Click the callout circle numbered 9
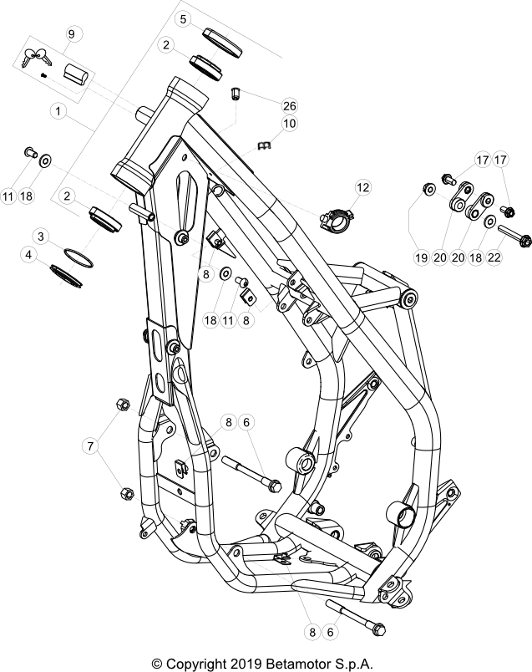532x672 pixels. point(71,34)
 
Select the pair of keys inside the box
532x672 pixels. point(38,59)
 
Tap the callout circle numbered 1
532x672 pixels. point(58,109)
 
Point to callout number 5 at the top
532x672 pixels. point(184,18)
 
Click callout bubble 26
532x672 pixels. point(289,106)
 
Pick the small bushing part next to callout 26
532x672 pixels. point(236,92)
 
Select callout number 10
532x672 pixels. point(289,124)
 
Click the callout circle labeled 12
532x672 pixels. point(362,188)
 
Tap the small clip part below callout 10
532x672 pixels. point(266,146)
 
